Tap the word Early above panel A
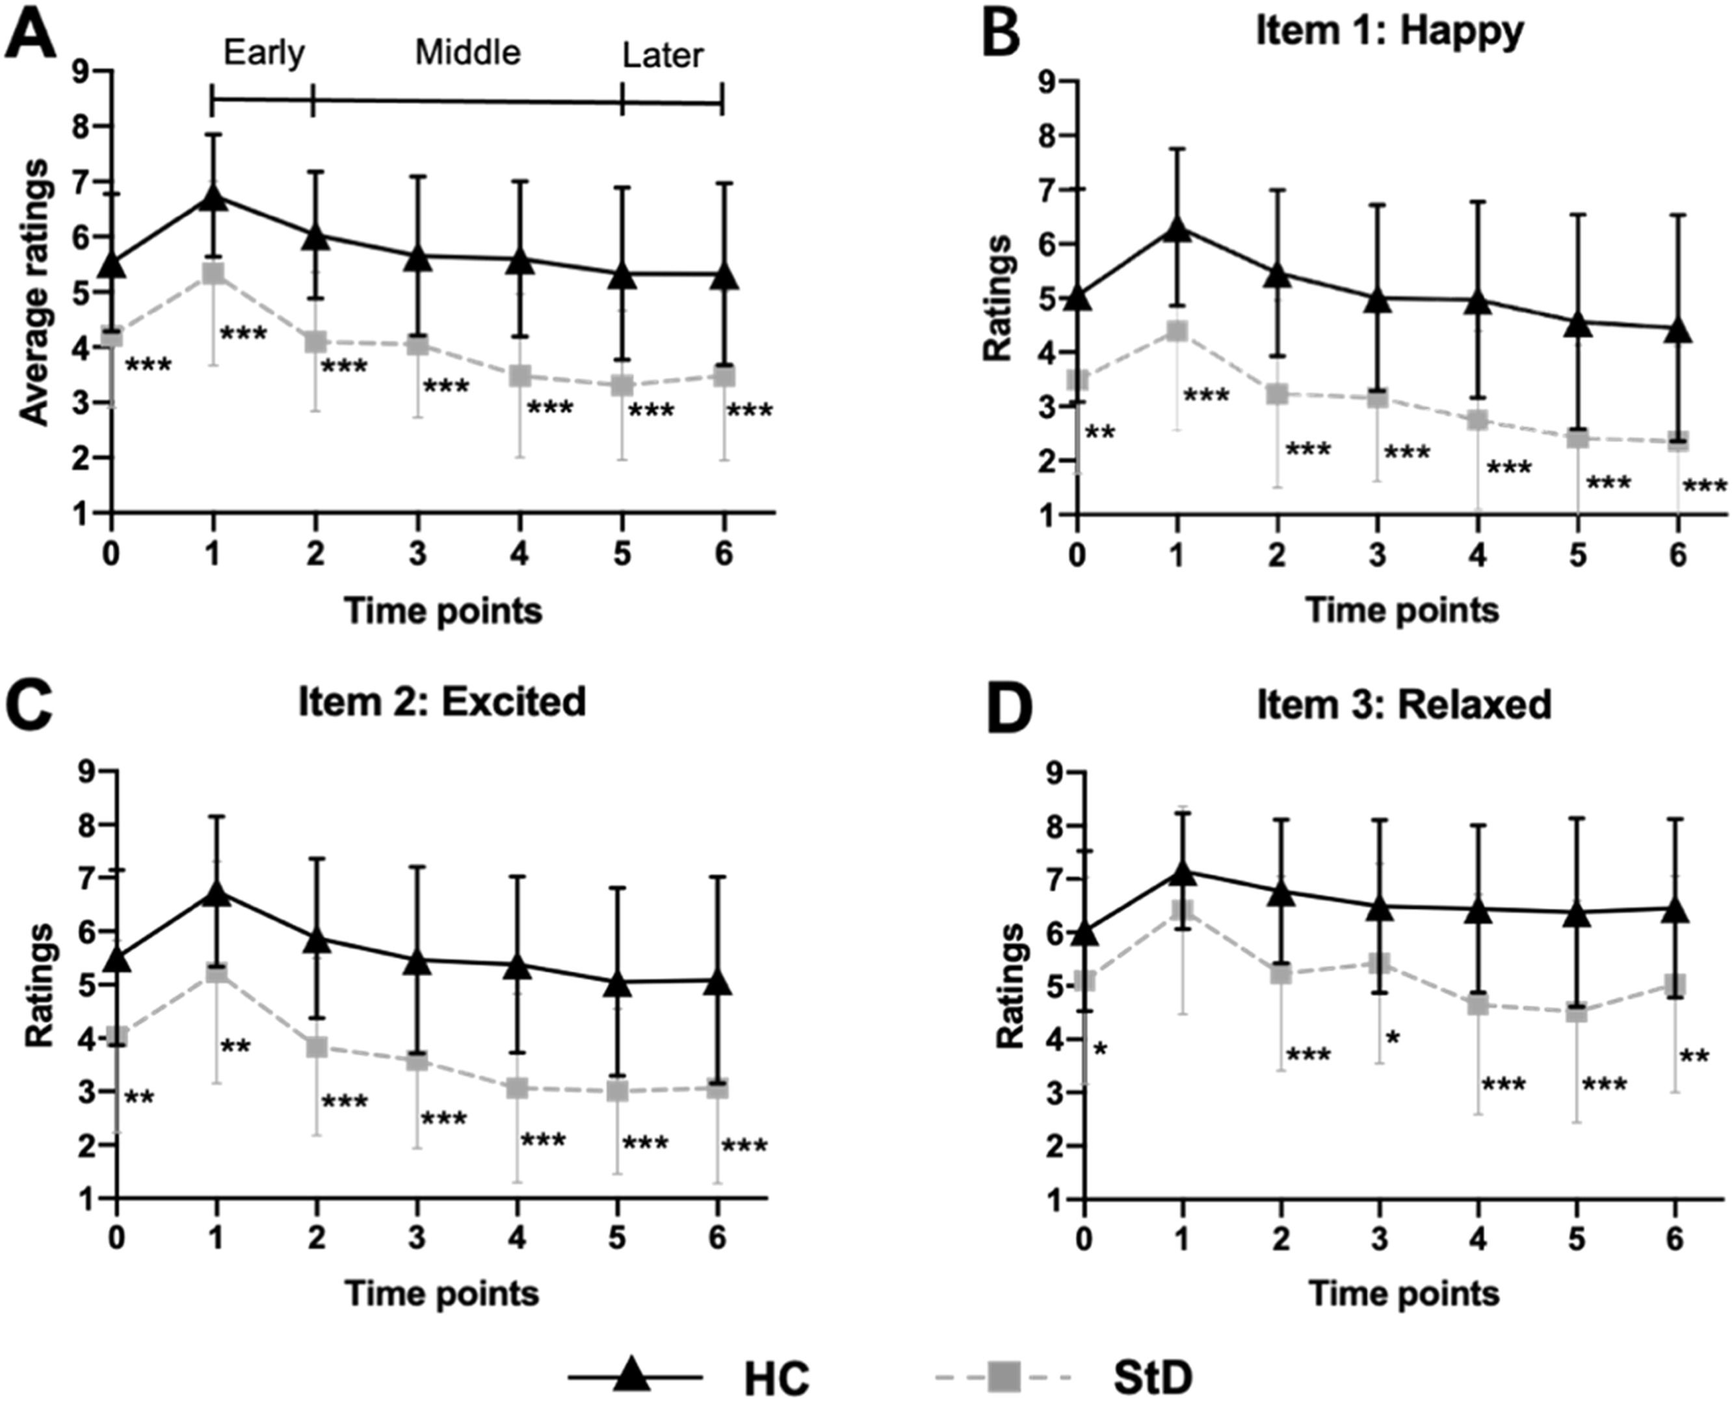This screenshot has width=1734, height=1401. (264, 54)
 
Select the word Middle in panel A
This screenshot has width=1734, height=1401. (467, 53)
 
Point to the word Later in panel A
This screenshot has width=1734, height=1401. (663, 57)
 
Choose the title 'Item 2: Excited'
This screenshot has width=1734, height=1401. (441, 701)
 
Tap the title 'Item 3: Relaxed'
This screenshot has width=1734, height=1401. (1404, 704)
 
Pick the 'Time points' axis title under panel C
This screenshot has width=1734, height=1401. (442, 1294)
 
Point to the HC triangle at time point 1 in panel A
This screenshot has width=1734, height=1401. (213, 196)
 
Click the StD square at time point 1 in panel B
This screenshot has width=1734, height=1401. (1177, 331)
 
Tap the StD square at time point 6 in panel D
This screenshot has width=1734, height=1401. (1676, 984)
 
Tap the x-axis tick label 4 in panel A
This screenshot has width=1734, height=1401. (520, 555)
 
